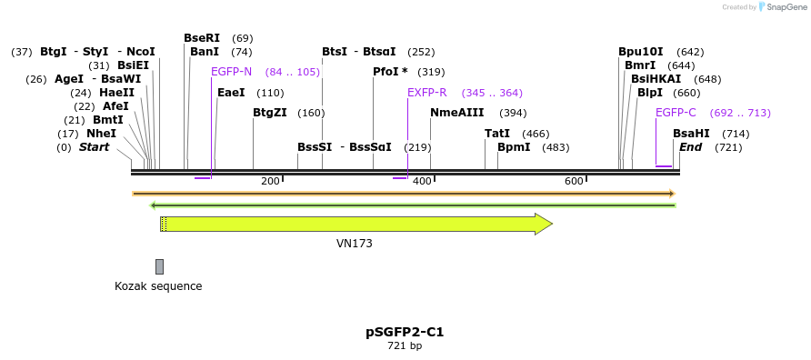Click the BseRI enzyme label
[x=202, y=38]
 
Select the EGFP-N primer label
[x=231, y=72]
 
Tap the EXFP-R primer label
[x=426, y=93]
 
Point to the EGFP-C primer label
[x=676, y=113]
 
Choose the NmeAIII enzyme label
[x=457, y=113]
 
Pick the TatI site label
[x=497, y=134]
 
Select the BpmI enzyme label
[x=514, y=147]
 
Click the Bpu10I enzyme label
[x=641, y=52]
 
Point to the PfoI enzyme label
[x=390, y=72]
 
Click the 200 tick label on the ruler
[x=270, y=182]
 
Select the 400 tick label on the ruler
[x=422, y=182]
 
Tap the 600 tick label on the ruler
[x=574, y=182]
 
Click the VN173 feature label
[x=355, y=244]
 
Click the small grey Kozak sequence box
[x=160, y=266]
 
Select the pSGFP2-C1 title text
[x=405, y=332]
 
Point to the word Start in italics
[x=94, y=147]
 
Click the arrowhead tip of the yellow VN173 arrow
[x=551, y=224]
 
